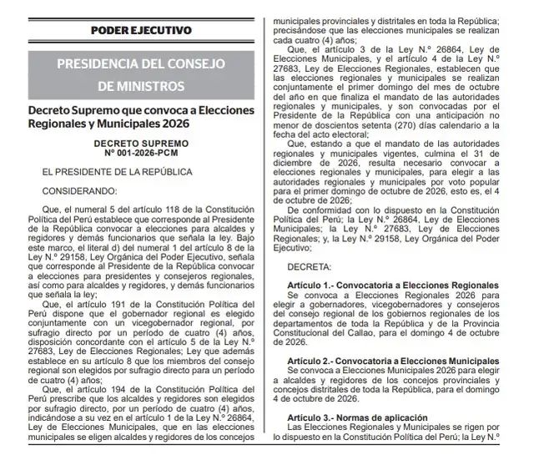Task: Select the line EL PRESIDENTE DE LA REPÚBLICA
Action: click(x=108, y=172)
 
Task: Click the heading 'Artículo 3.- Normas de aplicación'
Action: click(x=358, y=417)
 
